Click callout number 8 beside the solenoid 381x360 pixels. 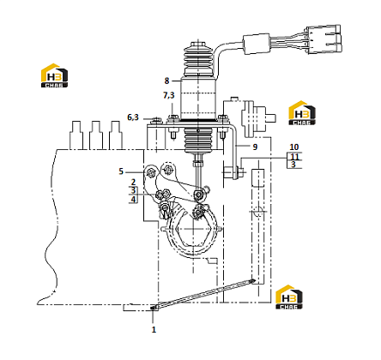pyautogui.click(x=166, y=81)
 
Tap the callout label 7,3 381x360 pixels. pyautogui.click(x=169, y=95)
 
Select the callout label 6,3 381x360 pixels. pyautogui.click(x=133, y=117)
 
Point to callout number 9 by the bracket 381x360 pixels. pyautogui.click(x=255, y=147)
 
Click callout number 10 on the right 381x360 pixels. pyautogui.click(x=294, y=147)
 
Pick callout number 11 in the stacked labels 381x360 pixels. pyautogui.click(x=294, y=157)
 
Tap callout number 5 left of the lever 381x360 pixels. pyautogui.click(x=121, y=171)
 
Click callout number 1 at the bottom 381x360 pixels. pyautogui.click(x=154, y=330)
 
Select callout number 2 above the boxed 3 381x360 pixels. pyautogui.click(x=133, y=182)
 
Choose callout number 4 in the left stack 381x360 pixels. pyautogui.click(x=133, y=199)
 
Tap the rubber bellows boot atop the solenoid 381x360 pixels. pyautogui.click(x=198, y=60)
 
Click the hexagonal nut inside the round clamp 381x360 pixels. pyautogui.click(x=194, y=229)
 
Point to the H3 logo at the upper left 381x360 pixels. pyautogui.click(x=55, y=75)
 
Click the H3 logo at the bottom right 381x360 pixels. pyautogui.click(x=289, y=297)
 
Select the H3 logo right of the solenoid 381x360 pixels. pyautogui.click(x=302, y=113)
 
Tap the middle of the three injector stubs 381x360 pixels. pyautogui.click(x=96, y=135)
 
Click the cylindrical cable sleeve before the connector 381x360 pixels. pyautogui.click(x=257, y=44)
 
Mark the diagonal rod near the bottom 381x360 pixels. pyautogui.click(x=204, y=294)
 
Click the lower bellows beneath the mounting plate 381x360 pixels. pyautogui.click(x=198, y=141)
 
